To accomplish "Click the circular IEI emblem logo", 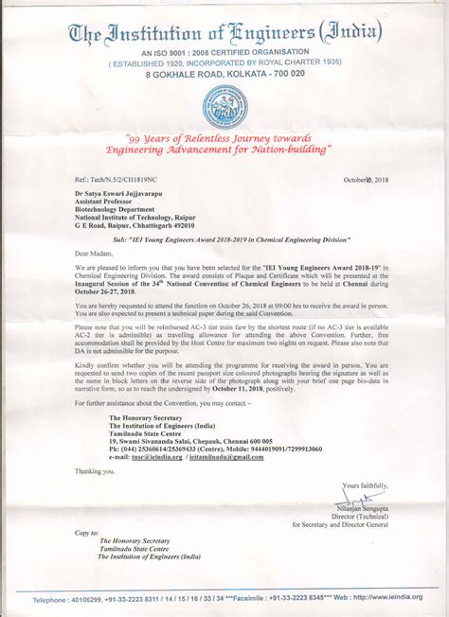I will tap(225, 105).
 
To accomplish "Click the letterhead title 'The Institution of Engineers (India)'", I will tap(224, 36).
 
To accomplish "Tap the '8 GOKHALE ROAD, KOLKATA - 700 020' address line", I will tap(224, 74).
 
